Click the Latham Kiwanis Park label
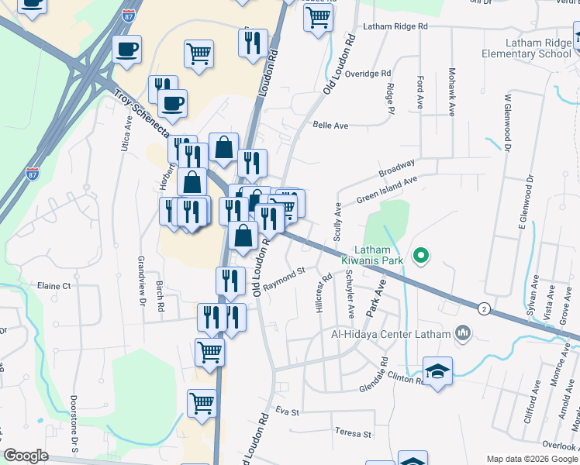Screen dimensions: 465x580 378,256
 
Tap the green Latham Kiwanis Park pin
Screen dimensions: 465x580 421,254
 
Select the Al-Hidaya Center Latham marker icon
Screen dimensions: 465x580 464,333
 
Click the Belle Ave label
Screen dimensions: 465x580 328,124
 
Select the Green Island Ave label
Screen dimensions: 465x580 387,190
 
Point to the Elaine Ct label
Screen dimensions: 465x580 54,286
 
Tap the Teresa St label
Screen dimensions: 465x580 353,434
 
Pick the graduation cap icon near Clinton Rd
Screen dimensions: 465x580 437,370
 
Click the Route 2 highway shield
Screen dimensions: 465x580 484,308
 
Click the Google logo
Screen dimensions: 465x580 26,456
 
